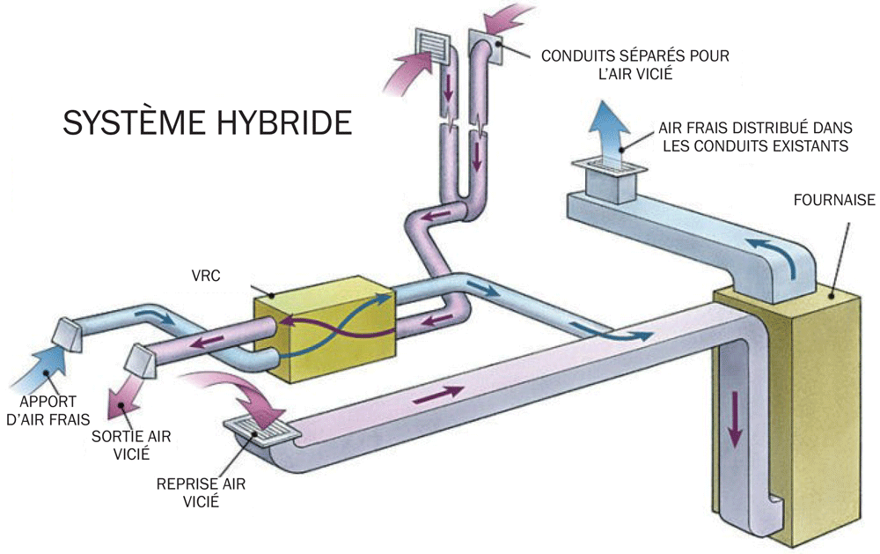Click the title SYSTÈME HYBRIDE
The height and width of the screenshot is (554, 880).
(x=207, y=122)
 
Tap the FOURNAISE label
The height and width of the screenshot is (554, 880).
(x=833, y=200)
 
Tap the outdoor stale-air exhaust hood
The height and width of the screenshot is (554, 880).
(x=138, y=359)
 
